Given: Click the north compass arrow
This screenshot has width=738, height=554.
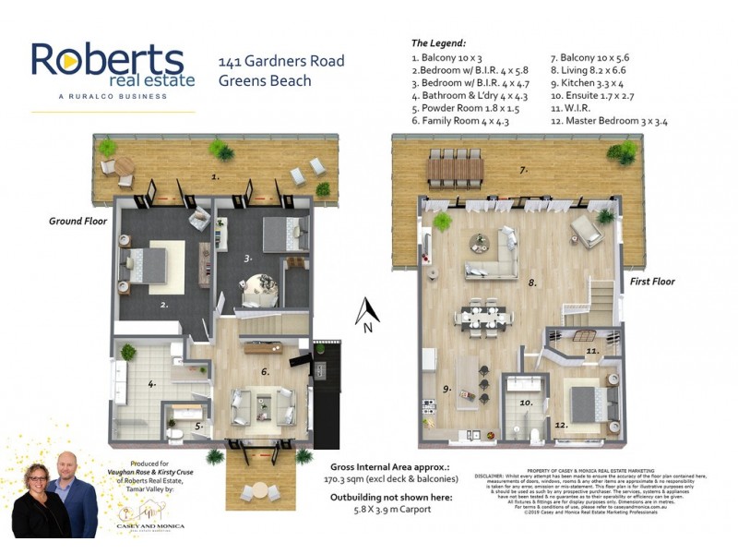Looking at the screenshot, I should [368, 311].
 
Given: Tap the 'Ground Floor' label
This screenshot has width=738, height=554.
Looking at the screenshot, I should [78, 222].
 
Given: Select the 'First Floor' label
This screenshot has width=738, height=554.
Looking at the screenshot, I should [651, 282].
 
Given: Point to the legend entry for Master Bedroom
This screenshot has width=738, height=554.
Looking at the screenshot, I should [609, 120].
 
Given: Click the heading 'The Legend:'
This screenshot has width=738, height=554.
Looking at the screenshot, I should [438, 42].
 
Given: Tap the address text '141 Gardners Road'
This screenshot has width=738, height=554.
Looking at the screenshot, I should [280, 62].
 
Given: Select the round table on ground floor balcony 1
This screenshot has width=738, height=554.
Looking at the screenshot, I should [123, 168].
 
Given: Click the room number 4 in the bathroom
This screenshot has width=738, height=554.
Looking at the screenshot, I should [152, 382].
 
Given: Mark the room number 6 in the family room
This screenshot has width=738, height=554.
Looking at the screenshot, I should [265, 371].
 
